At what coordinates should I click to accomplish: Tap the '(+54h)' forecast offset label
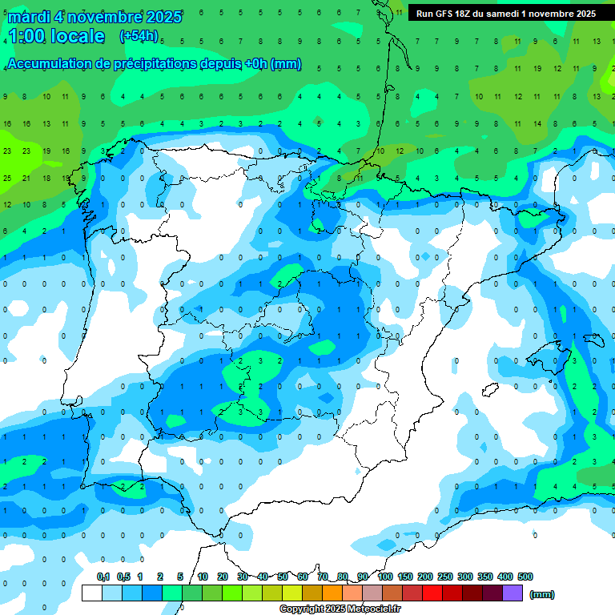coord(139,36)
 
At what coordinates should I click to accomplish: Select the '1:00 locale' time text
coord(56,36)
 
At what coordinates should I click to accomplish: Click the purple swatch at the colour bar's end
coord(512,593)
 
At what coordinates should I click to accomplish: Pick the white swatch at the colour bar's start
coord(92,593)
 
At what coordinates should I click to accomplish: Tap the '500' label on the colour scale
coord(525,577)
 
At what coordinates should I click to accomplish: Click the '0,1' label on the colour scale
coord(103,577)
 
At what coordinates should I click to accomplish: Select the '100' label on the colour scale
coord(385,577)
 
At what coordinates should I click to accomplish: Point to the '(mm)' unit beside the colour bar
coord(542,594)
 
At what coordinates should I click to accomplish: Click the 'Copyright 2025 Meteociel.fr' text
coord(340,609)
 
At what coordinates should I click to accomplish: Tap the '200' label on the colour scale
coord(425,577)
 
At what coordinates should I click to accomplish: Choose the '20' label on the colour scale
coord(223,577)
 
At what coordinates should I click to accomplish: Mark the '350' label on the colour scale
coord(485,577)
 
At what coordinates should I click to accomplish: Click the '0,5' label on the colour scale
coord(123,577)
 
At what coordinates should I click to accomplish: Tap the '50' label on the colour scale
coord(283,577)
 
